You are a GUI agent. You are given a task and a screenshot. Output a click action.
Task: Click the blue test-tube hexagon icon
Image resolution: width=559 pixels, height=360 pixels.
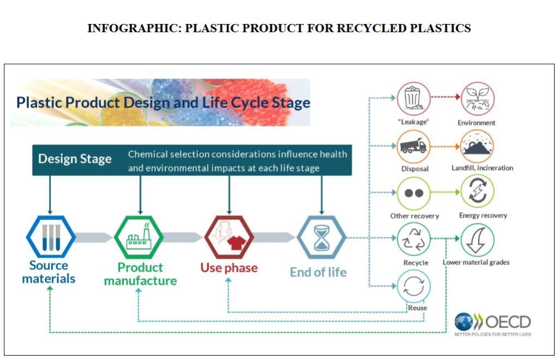51,237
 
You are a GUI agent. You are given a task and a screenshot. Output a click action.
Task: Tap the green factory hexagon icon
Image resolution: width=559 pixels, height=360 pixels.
138,237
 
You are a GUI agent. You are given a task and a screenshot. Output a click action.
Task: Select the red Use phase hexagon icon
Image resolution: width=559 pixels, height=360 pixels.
229,237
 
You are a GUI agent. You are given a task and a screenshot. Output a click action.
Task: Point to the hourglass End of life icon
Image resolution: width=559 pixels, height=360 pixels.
320,237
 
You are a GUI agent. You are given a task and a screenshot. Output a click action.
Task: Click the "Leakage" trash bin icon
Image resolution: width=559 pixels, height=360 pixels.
413,99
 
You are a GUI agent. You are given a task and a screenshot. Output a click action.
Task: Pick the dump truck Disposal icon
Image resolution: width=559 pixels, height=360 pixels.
413,146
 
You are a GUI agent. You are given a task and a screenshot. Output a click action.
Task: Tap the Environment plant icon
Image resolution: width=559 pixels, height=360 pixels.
478,99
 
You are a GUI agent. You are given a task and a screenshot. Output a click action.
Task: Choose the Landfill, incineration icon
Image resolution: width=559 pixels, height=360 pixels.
478,146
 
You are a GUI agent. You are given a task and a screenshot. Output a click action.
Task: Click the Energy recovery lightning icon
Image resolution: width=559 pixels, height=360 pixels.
478,192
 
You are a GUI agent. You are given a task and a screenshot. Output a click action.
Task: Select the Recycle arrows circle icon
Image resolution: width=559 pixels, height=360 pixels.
413,239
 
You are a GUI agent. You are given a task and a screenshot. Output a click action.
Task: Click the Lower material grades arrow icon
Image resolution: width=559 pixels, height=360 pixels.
478,239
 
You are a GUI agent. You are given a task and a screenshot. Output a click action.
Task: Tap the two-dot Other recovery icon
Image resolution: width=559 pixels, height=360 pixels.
413,193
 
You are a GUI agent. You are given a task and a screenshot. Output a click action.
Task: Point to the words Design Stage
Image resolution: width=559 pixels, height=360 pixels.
75,160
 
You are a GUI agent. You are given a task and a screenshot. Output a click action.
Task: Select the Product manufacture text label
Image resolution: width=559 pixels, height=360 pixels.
140,274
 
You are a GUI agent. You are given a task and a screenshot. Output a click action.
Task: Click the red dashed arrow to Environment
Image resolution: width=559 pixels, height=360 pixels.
445,98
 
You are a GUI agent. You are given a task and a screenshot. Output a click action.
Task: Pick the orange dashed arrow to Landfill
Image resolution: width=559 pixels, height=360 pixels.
445,146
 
